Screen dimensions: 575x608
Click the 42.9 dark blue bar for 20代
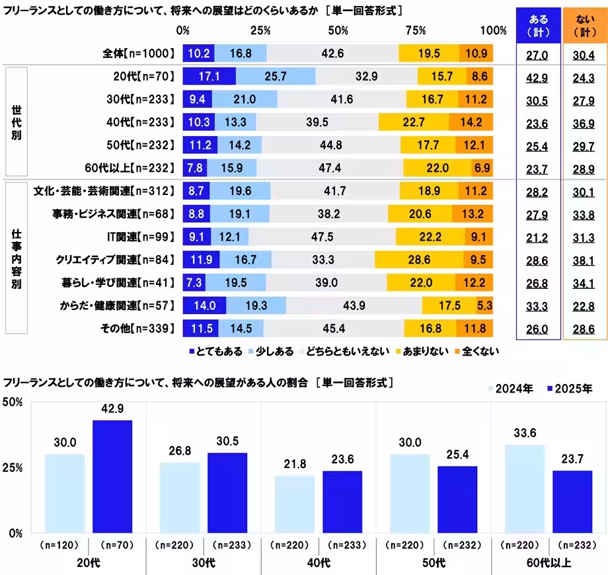[x=112, y=476]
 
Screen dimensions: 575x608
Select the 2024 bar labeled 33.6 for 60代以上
[x=524, y=488]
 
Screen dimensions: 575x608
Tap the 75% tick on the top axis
[x=415, y=30]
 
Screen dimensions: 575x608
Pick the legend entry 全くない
[x=476, y=351]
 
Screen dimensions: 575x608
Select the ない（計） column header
[x=584, y=25]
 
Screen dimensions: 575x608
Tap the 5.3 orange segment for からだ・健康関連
[x=484, y=305]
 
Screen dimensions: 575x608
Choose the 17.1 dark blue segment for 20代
[x=209, y=77]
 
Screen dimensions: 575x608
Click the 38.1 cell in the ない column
[x=584, y=260]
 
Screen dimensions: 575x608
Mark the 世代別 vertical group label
[x=15, y=122]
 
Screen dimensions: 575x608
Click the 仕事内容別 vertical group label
[x=15, y=260]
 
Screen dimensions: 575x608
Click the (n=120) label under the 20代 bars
[x=59, y=545]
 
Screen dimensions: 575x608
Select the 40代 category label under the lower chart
[x=319, y=563]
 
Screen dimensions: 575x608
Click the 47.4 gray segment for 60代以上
[x=329, y=169]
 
